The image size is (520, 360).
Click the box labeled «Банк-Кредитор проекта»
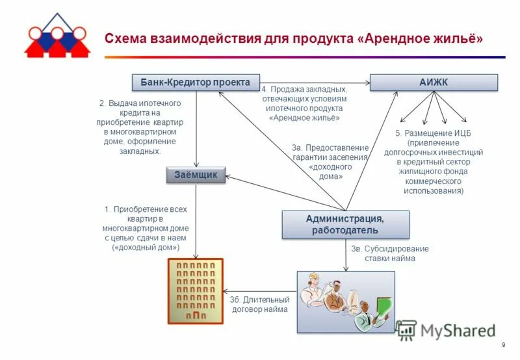pyautogui.click(x=196, y=83)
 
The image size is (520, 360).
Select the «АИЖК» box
pyautogui.click(x=434, y=83)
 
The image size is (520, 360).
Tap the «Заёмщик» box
pyautogui.click(x=196, y=175)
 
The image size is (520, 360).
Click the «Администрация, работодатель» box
pyautogui.click(x=345, y=225)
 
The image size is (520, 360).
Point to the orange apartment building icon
pyautogui.click(x=196, y=289)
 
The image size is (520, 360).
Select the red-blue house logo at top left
pyautogui.click(x=57, y=35)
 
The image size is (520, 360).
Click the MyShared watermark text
pyautogui.click(x=458, y=331)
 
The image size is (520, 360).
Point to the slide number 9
pyautogui.click(x=503, y=345)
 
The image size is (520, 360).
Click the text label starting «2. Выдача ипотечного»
pyautogui.click(x=140, y=127)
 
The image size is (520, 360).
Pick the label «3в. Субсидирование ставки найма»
pyautogui.click(x=380, y=253)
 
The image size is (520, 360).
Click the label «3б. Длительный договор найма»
pyautogui.click(x=259, y=304)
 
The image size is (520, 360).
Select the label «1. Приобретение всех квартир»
pyautogui.click(x=146, y=228)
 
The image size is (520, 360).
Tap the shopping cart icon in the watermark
pyautogui.click(x=407, y=330)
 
